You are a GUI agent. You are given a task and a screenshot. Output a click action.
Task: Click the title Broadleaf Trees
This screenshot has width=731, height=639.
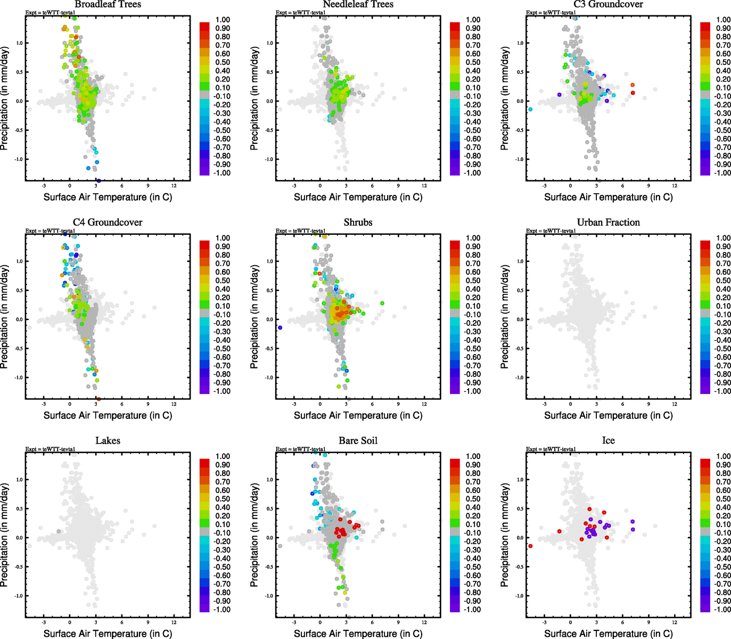[x=108, y=4]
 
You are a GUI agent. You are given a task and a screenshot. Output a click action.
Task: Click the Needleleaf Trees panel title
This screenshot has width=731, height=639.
[x=358, y=4]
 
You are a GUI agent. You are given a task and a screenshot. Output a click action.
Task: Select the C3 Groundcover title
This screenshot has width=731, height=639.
[x=608, y=4]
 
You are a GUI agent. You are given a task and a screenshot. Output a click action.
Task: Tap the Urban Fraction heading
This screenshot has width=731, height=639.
[x=608, y=223]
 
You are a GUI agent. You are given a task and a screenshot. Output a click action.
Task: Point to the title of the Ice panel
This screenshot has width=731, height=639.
[x=608, y=441]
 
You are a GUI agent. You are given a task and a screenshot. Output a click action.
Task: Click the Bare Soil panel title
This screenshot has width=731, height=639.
[x=358, y=441]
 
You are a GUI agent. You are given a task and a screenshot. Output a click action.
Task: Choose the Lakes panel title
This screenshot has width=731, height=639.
[x=108, y=441]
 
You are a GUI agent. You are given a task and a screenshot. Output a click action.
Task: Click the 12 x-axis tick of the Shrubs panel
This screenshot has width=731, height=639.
[x=424, y=404]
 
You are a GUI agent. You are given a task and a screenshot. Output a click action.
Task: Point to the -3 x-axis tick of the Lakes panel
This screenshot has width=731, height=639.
[x=44, y=622]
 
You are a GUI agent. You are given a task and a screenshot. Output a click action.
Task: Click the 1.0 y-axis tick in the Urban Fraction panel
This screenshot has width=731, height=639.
[x=519, y=261]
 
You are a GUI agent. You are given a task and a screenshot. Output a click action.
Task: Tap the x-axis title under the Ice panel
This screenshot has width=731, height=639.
[x=608, y=634]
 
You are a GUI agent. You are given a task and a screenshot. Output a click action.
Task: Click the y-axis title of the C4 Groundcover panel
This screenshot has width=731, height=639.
[x=5, y=317]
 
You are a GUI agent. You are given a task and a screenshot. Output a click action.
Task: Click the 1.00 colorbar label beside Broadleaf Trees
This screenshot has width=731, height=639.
[x=223, y=20]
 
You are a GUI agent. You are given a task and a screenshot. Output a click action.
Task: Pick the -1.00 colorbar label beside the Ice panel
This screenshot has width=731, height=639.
[x=723, y=610]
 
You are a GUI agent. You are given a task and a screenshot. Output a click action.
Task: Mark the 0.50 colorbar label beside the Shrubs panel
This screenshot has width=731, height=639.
[x=473, y=281]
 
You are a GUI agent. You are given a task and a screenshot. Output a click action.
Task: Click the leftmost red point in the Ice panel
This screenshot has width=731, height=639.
[x=530, y=546]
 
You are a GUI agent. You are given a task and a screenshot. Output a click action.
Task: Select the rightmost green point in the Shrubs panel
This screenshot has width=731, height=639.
[x=382, y=304]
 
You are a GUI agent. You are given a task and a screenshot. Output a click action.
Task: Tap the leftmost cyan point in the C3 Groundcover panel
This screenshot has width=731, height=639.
[x=530, y=109]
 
